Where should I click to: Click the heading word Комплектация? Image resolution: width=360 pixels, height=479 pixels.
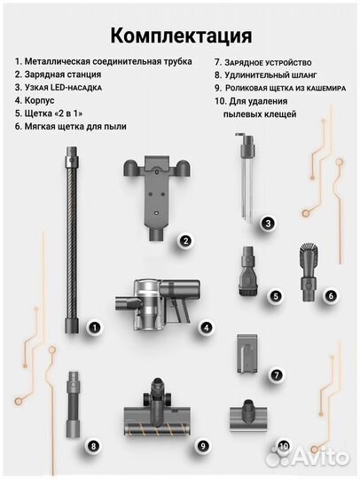180,35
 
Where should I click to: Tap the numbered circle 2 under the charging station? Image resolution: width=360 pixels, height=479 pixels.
184,240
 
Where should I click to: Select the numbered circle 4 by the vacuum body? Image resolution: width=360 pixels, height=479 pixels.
206,327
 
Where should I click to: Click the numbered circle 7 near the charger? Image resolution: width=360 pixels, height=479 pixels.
277,375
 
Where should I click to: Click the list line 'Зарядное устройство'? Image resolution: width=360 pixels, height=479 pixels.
265,62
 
